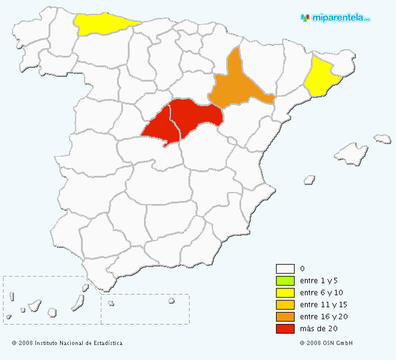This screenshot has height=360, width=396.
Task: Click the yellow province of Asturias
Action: click(x=102, y=25)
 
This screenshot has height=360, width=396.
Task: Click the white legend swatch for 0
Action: click(x=285, y=269)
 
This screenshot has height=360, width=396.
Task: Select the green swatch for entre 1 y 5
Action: click(x=285, y=281)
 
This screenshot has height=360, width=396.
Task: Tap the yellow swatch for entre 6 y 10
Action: click(x=285, y=293)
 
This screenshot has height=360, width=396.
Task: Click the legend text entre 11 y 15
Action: click(x=323, y=305)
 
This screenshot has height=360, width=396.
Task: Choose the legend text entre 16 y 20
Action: click(x=323, y=317)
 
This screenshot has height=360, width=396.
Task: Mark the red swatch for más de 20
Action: click(x=285, y=329)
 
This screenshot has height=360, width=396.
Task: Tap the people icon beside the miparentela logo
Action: click(x=305, y=18)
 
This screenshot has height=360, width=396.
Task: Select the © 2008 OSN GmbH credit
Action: click(x=326, y=343)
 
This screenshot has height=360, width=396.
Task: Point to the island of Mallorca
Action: click(x=351, y=154)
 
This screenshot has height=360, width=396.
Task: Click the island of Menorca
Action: click(x=382, y=139)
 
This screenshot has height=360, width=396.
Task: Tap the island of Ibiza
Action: click(x=310, y=179)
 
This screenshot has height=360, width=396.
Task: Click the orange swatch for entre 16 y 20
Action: click(x=285, y=317)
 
